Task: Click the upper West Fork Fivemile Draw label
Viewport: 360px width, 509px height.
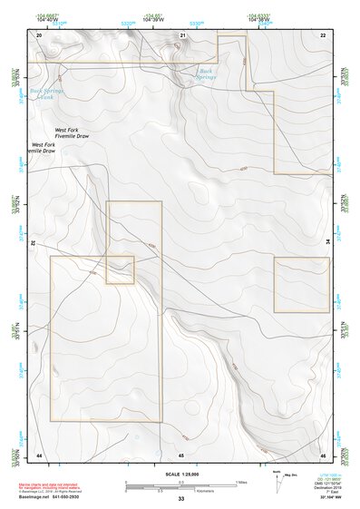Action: (x=73, y=133)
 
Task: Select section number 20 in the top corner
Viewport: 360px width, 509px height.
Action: (x=39, y=34)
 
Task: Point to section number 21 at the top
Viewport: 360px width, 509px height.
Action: (x=182, y=34)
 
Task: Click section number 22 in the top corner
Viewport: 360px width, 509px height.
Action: (x=323, y=34)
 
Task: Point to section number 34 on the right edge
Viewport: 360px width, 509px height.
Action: (x=328, y=243)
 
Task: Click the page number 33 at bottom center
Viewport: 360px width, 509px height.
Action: (x=181, y=499)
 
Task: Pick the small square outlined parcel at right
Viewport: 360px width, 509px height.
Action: (x=301, y=285)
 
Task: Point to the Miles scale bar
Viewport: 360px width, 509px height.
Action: (x=181, y=483)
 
